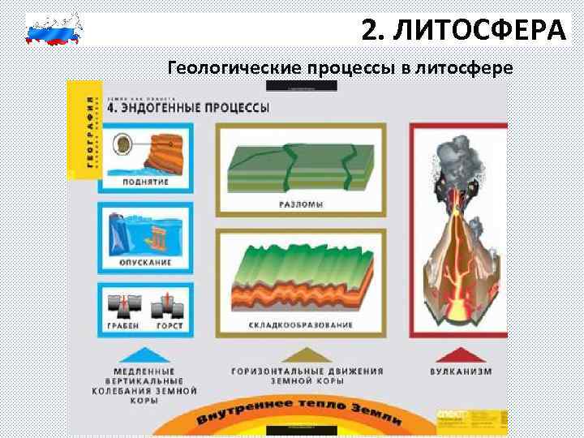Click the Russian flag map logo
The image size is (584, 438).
pos(54,29)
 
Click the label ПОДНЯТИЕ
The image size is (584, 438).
pos(147,182)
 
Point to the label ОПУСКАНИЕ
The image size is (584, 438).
pos(147,263)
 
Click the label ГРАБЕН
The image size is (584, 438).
pos(123,325)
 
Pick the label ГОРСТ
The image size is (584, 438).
pos(170,325)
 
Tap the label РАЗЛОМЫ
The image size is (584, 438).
pos(300,204)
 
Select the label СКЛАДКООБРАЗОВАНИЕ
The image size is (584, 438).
pos(301,325)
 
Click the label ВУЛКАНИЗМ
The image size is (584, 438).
pos(461,371)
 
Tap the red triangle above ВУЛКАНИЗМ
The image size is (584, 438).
pos(460,354)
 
